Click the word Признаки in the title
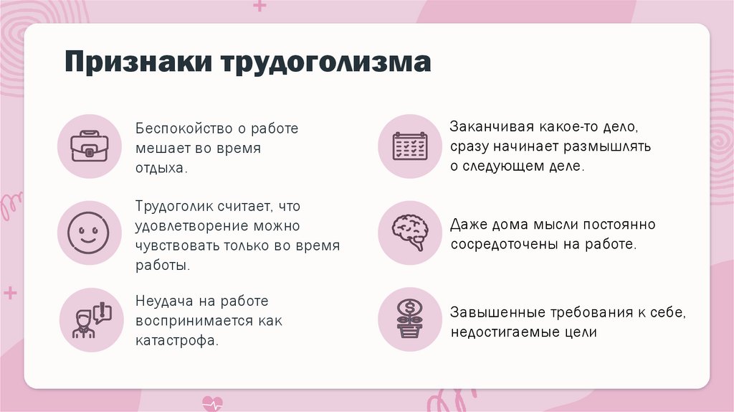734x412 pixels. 140,63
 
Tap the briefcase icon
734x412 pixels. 89,146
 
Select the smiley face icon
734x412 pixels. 89,233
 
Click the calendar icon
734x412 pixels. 409,146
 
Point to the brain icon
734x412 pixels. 409,233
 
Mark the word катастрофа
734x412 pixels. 175,340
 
